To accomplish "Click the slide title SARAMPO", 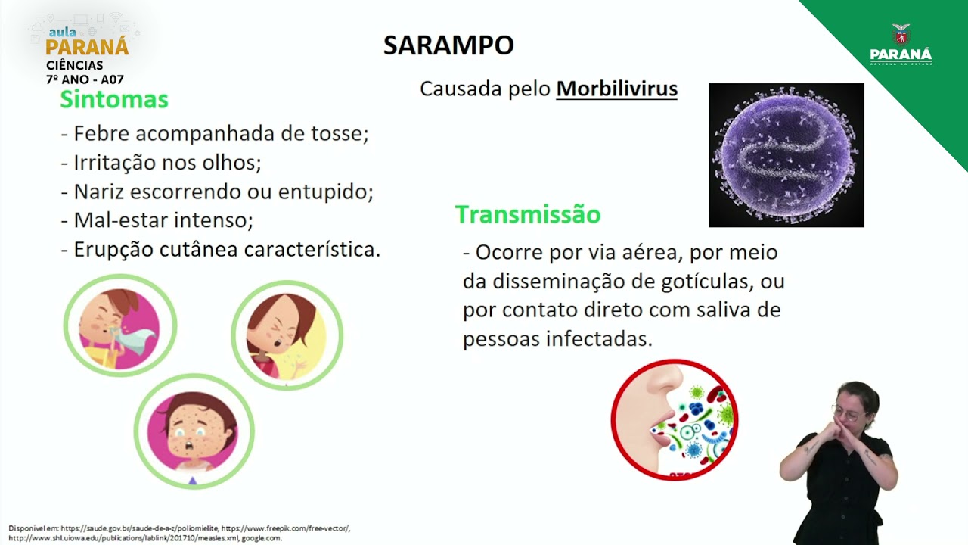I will point(448,45).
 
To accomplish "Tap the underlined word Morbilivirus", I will point(616,89).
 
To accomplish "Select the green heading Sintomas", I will point(114,99).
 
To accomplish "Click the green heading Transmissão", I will point(527,215).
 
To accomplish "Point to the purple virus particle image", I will point(786,155).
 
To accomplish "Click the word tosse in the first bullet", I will point(339,134).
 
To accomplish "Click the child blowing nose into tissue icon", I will point(119,326).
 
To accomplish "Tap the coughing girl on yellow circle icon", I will point(287,335).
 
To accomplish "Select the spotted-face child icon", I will point(194,430).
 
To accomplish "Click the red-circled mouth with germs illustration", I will point(674,419).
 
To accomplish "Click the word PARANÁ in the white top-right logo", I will point(901,56).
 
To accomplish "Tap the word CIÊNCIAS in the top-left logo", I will point(74,66).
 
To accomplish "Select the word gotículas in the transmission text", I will point(701,281).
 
